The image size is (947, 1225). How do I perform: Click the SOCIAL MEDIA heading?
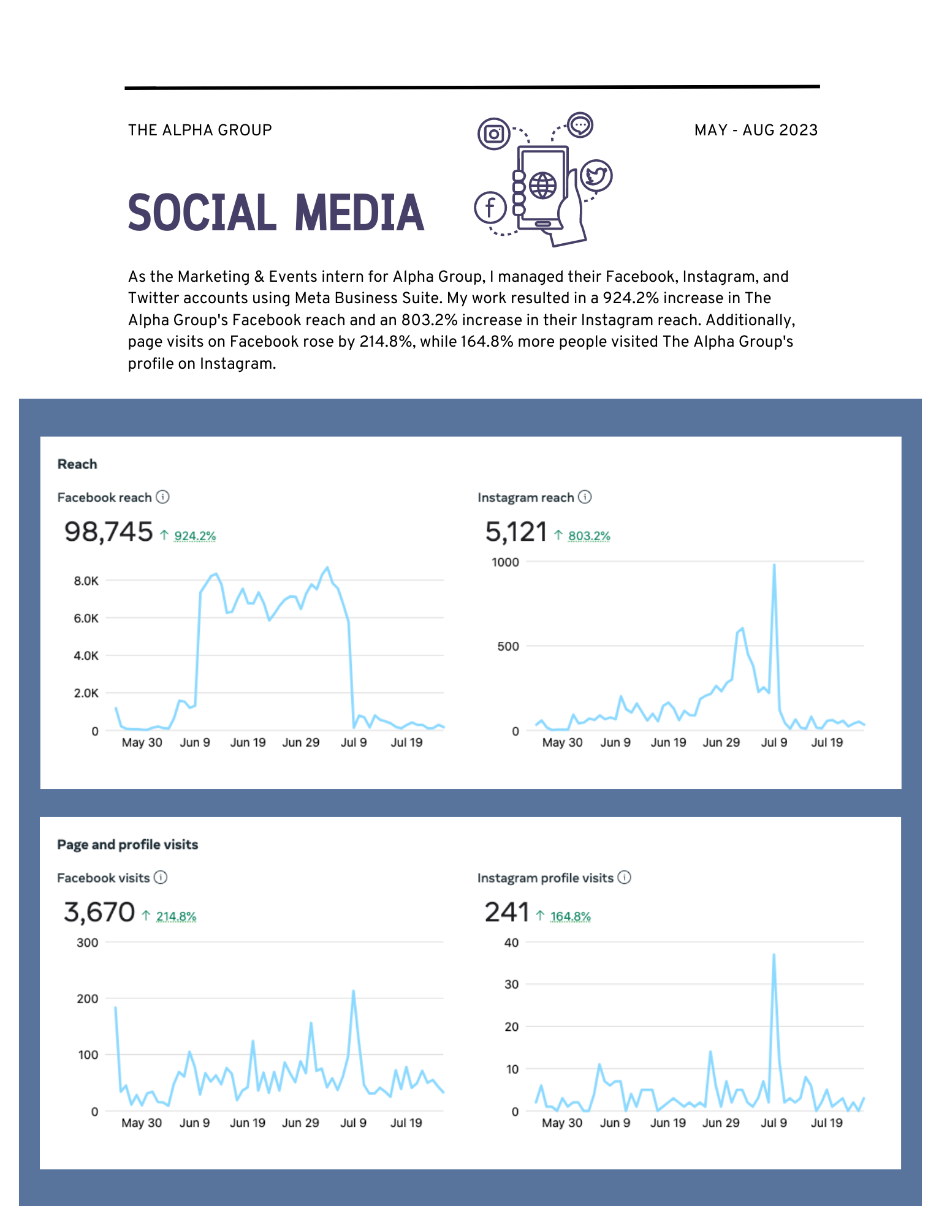click(x=276, y=213)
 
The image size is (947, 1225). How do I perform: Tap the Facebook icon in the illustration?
click(x=490, y=208)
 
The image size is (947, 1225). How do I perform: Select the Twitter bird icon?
click(x=596, y=176)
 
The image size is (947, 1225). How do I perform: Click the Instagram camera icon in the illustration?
click(x=494, y=134)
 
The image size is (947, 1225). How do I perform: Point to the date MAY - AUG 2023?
click(x=756, y=130)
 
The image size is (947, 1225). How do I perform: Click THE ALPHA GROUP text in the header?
click(x=200, y=130)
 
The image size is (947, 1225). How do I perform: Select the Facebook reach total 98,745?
click(x=108, y=532)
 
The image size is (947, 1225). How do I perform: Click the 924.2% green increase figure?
click(x=195, y=536)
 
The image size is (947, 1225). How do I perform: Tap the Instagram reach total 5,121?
click(x=516, y=532)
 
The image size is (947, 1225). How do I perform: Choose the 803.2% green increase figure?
click(x=589, y=536)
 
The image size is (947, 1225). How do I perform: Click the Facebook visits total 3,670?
click(x=99, y=912)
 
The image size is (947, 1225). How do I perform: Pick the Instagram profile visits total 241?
click(x=507, y=912)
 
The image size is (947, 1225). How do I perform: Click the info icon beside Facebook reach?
click(x=162, y=497)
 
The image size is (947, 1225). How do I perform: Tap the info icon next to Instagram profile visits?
click(x=624, y=877)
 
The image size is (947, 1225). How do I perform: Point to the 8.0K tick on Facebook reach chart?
click(x=86, y=581)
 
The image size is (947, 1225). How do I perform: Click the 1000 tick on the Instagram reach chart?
click(x=505, y=562)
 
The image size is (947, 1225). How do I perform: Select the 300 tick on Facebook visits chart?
click(x=87, y=943)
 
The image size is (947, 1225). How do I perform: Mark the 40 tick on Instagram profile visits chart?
click(x=511, y=943)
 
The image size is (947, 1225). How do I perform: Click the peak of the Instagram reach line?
click(x=774, y=565)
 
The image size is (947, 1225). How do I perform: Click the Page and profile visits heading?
click(x=127, y=845)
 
